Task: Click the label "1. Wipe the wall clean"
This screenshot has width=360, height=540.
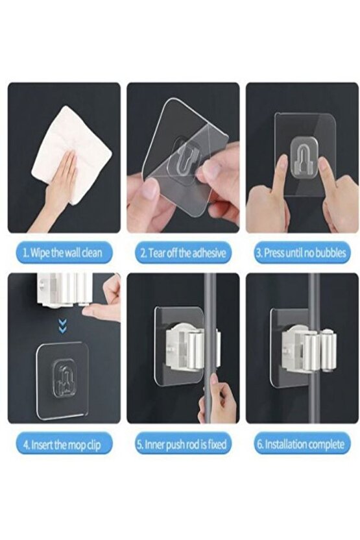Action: pyautogui.click(x=63, y=253)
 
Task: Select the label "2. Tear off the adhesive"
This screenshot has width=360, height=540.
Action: pyautogui.click(x=183, y=253)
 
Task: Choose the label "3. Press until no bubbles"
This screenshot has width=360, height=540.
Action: pyautogui.click(x=301, y=253)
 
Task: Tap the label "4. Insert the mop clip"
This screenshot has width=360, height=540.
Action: pyautogui.click(x=63, y=445)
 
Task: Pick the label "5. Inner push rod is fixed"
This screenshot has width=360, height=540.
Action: pyautogui.click(x=182, y=445)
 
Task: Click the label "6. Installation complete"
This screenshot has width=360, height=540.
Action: pyautogui.click(x=301, y=445)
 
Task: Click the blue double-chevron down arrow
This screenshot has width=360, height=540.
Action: pyautogui.click(x=62, y=325)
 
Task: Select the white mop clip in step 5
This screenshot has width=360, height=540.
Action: pyautogui.click(x=191, y=349)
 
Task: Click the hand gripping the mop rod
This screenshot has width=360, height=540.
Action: pyautogui.click(x=217, y=400)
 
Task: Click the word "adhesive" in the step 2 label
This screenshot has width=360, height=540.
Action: pyautogui.click(x=210, y=253)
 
